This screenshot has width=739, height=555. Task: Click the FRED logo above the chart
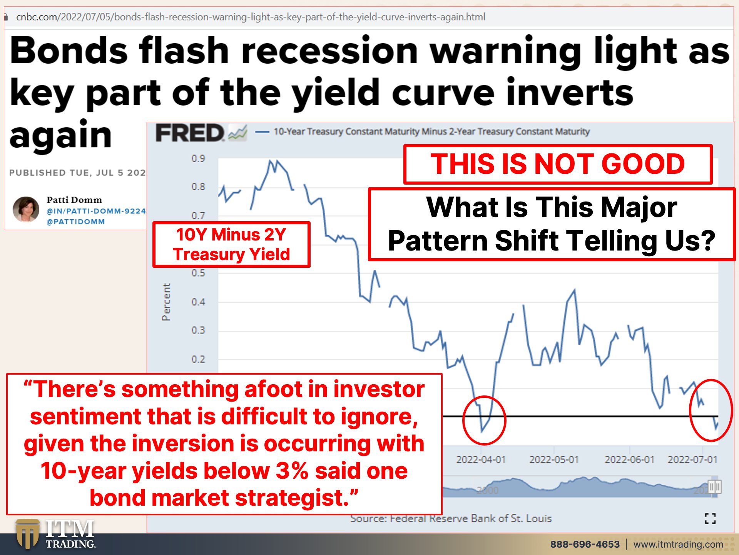click(x=201, y=133)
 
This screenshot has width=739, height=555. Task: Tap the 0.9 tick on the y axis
click(x=198, y=158)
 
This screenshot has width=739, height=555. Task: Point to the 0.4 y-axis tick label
click(x=198, y=302)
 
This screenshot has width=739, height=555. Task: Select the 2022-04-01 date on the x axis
click(x=481, y=459)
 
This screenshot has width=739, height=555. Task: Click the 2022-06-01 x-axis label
click(x=629, y=459)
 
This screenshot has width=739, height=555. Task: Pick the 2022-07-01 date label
click(x=692, y=459)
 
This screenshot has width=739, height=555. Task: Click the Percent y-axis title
click(x=166, y=302)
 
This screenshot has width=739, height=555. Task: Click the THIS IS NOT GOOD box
click(x=558, y=164)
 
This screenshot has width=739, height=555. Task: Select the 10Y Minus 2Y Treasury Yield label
click(x=231, y=244)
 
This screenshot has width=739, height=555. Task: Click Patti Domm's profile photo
click(x=26, y=209)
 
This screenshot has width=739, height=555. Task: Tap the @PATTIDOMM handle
click(x=76, y=222)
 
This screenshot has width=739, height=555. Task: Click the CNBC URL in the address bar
click(x=251, y=17)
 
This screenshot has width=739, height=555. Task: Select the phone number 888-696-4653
click(x=585, y=544)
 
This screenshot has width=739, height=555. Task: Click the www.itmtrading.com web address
click(x=678, y=544)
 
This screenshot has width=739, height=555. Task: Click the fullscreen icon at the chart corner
click(x=710, y=518)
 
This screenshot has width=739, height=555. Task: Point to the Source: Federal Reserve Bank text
click(x=451, y=518)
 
